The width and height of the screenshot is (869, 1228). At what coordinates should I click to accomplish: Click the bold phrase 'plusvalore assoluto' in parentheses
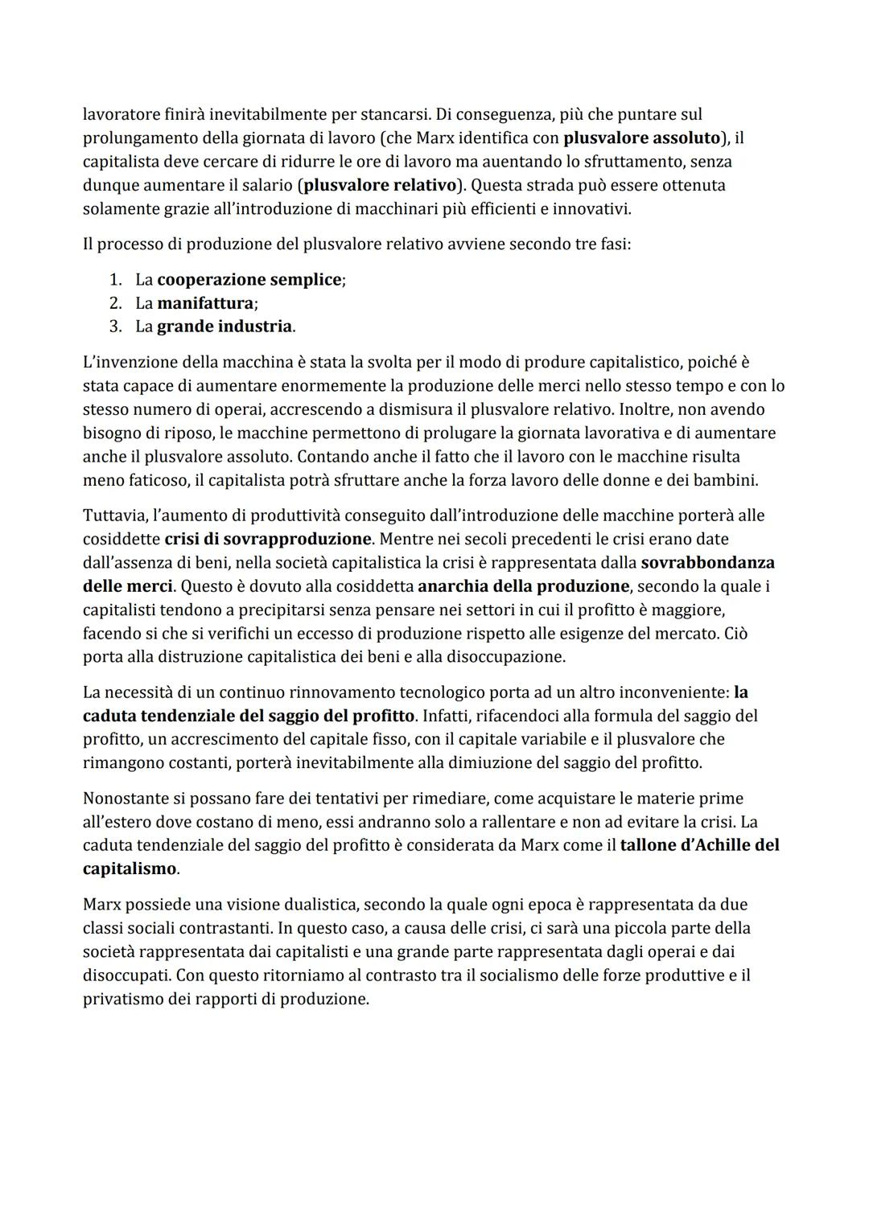point(641,138)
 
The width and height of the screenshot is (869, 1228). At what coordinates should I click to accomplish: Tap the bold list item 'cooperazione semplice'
point(249,280)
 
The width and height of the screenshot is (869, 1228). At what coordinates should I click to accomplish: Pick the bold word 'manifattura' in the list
point(205,303)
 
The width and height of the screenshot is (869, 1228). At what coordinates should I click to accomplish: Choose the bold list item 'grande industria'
point(224,327)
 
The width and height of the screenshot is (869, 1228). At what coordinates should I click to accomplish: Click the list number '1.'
point(115,280)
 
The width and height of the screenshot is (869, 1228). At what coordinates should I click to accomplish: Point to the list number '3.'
point(115,327)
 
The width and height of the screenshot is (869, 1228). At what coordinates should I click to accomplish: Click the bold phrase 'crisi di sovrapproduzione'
point(268,539)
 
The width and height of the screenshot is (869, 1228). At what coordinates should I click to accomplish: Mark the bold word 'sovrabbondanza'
point(707,562)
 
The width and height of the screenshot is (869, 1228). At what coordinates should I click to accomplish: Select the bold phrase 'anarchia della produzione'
point(523,586)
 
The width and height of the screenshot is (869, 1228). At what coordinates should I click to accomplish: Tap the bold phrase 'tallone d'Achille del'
point(699,846)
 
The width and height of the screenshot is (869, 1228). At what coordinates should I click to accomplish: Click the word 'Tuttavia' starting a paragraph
point(112,515)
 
